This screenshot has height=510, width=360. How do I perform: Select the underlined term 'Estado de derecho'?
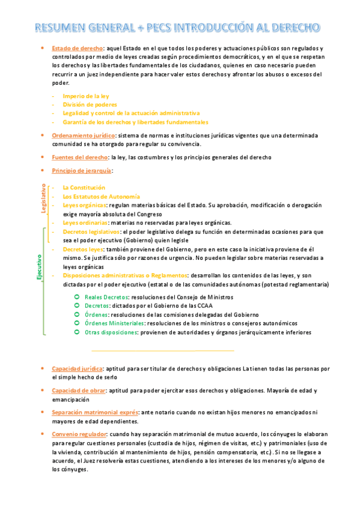(x=78, y=48)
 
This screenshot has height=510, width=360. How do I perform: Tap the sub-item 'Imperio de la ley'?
(x=86, y=96)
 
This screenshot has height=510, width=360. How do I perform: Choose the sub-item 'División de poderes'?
(x=90, y=104)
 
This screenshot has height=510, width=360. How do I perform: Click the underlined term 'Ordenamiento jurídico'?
(x=83, y=135)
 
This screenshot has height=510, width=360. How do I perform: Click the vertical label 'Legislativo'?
(x=43, y=198)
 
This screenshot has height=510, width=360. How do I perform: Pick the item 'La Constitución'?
(x=84, y=188)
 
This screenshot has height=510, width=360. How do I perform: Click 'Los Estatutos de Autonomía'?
(x=101, y=197)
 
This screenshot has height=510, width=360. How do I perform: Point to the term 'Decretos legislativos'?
(x=91, y=232)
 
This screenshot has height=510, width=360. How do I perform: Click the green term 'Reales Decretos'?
(x=106, y=297)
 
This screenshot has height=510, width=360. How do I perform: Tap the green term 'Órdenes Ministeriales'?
(x=114, y=323)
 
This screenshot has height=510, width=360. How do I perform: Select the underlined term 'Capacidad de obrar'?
(x=79, y=390)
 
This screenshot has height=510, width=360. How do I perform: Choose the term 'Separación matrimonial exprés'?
(x=95, y=412)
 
